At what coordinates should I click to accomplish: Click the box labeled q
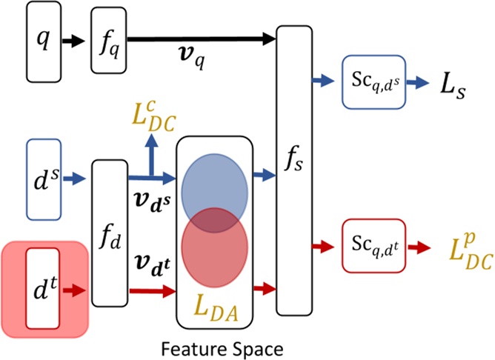43,41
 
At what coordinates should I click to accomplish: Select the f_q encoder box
108,41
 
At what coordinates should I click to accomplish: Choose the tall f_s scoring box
294,170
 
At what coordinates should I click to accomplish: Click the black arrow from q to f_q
73,41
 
